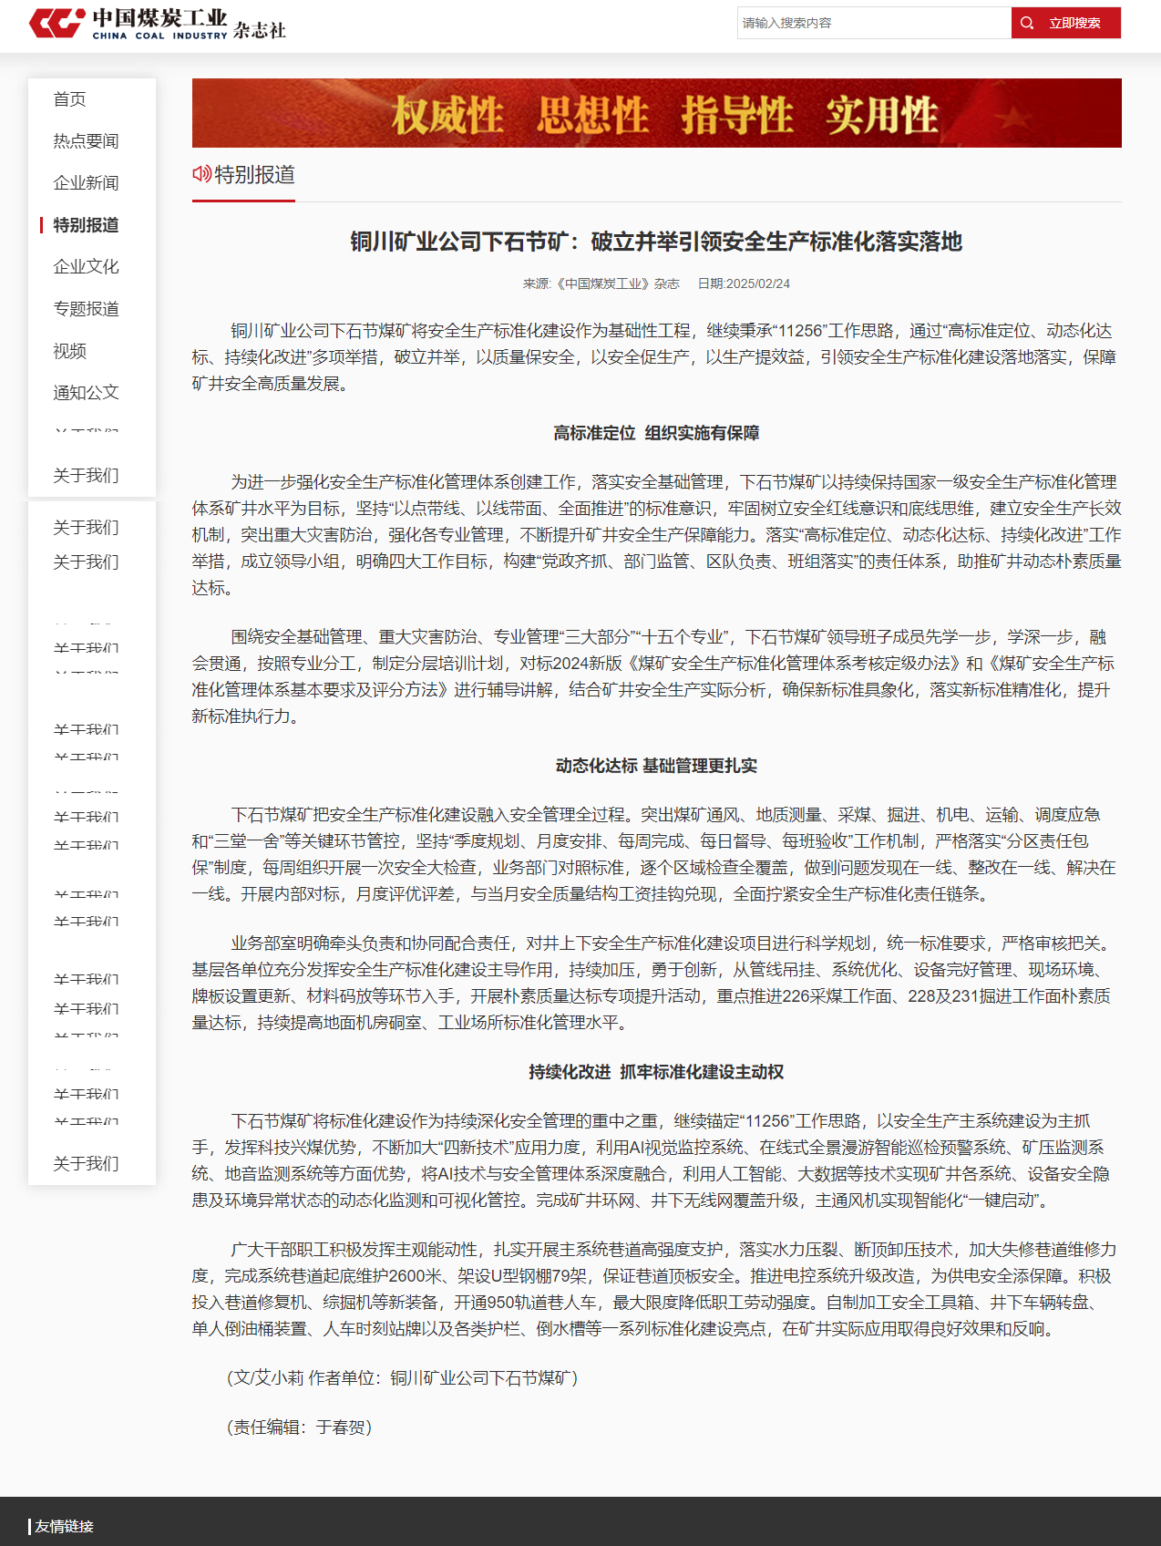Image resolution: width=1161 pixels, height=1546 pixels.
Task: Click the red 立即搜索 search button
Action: tap(1065, 23)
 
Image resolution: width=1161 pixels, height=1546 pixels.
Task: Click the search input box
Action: tap(873, 23)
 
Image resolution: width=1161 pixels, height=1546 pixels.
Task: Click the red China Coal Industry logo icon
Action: tap(57, 23)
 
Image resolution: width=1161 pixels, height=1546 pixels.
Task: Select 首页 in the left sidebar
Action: tap(69, 99)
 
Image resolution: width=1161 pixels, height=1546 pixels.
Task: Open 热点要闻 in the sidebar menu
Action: tap(86, 141)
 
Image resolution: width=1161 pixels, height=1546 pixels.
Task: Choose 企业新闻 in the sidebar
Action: tap(86, 183)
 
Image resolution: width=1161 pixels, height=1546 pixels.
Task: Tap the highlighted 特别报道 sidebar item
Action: tap(86, 225)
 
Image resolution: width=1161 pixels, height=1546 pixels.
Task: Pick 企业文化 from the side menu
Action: tap(86, 267)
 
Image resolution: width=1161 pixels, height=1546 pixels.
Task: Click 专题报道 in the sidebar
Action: tap(86, 309)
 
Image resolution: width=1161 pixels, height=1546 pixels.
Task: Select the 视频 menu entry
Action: tap(69, 351)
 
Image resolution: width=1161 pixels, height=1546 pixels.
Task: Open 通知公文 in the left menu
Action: tap(86, 393)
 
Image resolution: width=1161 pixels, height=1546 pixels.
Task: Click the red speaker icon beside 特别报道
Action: tap(201, 173)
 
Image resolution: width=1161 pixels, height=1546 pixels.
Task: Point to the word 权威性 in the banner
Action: tap(447, 116)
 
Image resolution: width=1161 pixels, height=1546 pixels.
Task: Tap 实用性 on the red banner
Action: tap(881, 116)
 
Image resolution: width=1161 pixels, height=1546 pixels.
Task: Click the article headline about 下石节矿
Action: tap(656, 242)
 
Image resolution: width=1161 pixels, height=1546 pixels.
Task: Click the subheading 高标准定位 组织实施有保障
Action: tap(656, 433)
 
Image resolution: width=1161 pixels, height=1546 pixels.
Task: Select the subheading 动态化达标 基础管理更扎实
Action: tap(656, 766)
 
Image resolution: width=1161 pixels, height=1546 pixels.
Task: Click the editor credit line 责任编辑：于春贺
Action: tap(299, 1427)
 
